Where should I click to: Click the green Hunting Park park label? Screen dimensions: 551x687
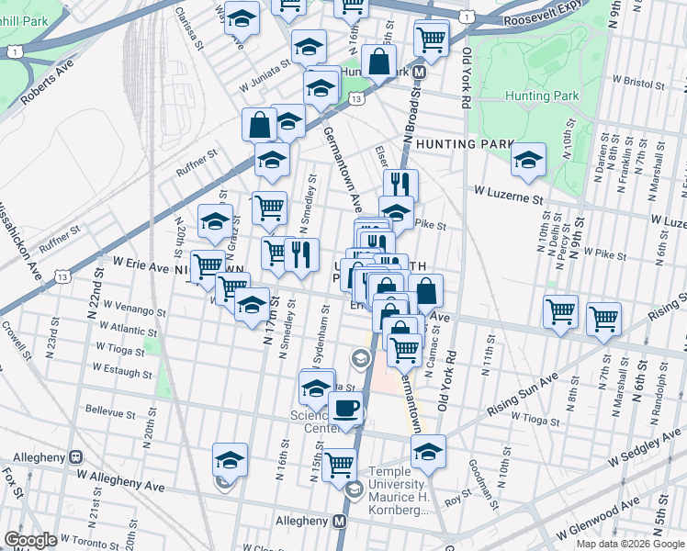[x=541, y=96]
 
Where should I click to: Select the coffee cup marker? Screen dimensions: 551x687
[x=345, y=409]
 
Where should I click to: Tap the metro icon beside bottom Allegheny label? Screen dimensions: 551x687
[x=340, y=521]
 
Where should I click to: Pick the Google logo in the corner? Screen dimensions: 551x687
[x=30, y=540]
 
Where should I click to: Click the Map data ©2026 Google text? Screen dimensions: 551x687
[x=629, y=544]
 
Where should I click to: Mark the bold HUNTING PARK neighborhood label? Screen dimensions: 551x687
[x=463, y=144]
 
